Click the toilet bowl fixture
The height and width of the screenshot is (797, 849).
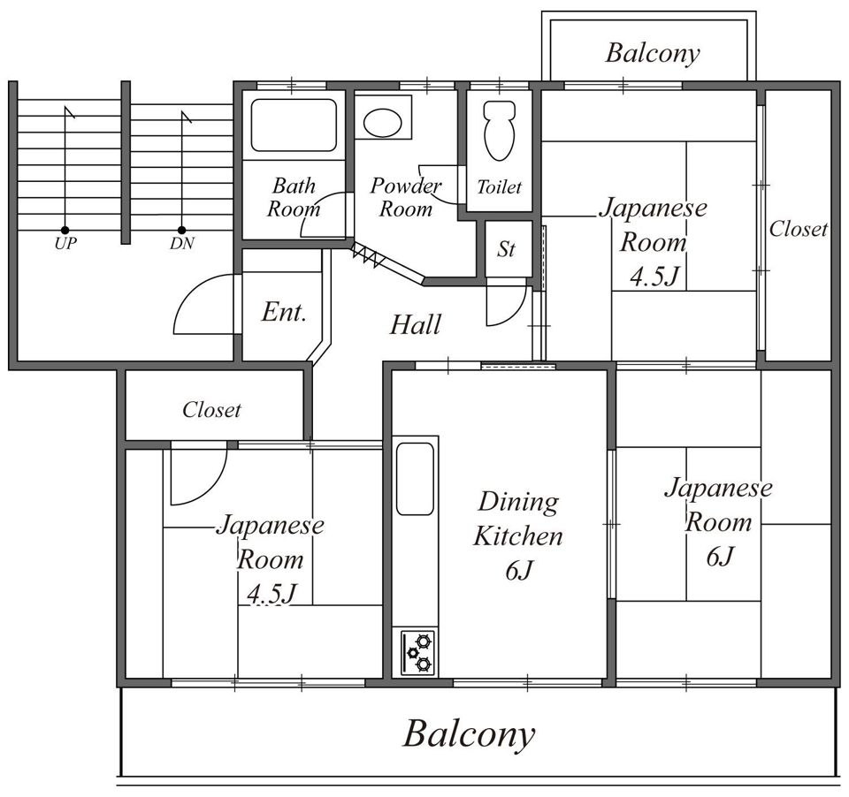[x=499, y=130]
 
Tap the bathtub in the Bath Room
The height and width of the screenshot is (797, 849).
[x=294, y=125]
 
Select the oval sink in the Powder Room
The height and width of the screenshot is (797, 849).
[x=382, y=123]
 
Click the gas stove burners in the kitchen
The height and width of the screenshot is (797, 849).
[x=417, y=652]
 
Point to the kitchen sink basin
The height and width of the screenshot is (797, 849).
[x=415, y=479]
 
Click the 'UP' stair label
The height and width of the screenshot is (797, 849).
[x=65, y=244]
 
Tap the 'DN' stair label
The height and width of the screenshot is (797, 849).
[x=181, y=244]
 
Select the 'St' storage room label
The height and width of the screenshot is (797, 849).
[x=506, y=249]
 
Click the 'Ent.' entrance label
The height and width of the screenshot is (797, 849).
[x=284, y=312]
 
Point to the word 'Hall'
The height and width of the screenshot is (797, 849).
[x=416, y=324]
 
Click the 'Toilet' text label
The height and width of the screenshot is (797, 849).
[x=499, y=187]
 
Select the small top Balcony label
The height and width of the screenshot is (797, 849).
[x=653, y=54]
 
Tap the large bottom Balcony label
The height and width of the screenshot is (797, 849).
[x=469, y=734]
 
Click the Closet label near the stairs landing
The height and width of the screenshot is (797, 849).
[x=211, y=410]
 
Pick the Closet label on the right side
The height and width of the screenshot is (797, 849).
[x=798, y=229]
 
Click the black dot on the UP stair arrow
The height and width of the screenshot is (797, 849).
[x=65, y=231]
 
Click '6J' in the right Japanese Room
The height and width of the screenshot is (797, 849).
[x=720, y=557]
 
